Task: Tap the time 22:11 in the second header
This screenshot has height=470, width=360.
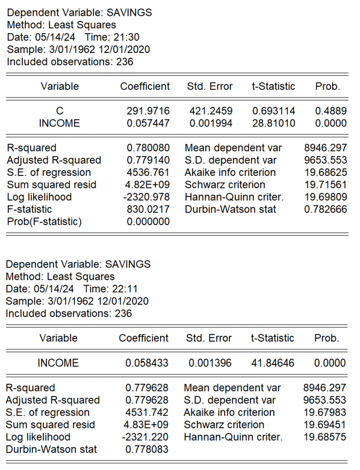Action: tap(126, 289)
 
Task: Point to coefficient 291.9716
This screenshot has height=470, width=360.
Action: tap(148, 111)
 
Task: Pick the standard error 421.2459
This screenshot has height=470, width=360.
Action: tap(211, 111)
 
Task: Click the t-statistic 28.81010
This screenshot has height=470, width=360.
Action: tap(274, 124)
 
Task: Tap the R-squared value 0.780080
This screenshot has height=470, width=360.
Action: tap(148, 148)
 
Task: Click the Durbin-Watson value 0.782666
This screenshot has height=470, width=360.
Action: tap(326, 209)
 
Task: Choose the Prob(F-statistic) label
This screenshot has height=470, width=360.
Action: tap(44, 221)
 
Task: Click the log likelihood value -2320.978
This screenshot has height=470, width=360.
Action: tap(148, 197)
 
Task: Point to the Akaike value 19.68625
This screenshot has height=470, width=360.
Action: tap(326, 172)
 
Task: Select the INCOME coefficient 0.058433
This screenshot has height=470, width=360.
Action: tap(147, 363)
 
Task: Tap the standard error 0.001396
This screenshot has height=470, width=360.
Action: tap(209, 363)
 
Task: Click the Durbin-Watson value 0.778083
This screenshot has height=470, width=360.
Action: tap(147, 450)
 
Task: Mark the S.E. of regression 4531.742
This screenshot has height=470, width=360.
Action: tap(147, 413)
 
